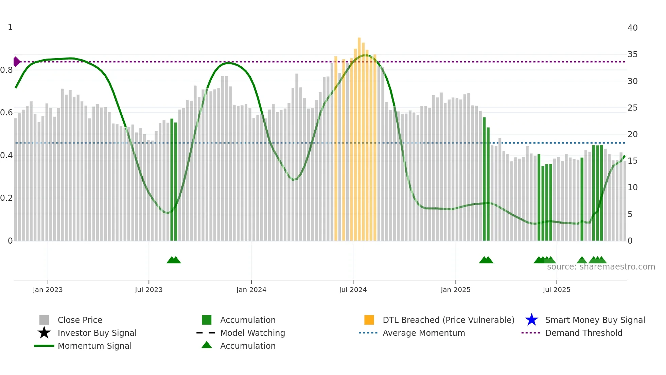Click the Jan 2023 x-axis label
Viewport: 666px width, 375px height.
tap(48, 290)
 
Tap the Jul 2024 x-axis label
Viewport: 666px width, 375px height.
tap(353, 290)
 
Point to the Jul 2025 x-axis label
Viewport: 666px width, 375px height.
tap(556, 290)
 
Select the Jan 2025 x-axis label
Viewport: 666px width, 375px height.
tap(455, 290)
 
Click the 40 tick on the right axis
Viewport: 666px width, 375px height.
tap(632, 28)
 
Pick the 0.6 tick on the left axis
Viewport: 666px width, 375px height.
tap(6, 113)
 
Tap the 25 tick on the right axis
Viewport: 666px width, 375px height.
tap(632, 108)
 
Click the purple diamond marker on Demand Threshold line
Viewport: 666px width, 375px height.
tap(16, 62)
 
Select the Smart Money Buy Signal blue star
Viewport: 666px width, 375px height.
tap(531, 320)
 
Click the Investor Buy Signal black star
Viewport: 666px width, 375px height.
tap(44, 333)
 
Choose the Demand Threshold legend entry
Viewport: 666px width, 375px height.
tap(583, 333)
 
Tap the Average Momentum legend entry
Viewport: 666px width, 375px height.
tap(423, 333)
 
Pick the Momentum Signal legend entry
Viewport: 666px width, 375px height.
tap(94, 346)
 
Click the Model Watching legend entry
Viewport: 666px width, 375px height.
tap(252, 333)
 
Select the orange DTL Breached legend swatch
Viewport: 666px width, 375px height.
tap(369, 320)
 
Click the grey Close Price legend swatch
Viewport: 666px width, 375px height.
tap(44, 320)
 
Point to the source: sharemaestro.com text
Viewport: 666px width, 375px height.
tap(601, 267)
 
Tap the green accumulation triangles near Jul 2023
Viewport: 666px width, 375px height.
tap(174, 260)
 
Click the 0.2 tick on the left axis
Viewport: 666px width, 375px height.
tap(6, 198)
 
